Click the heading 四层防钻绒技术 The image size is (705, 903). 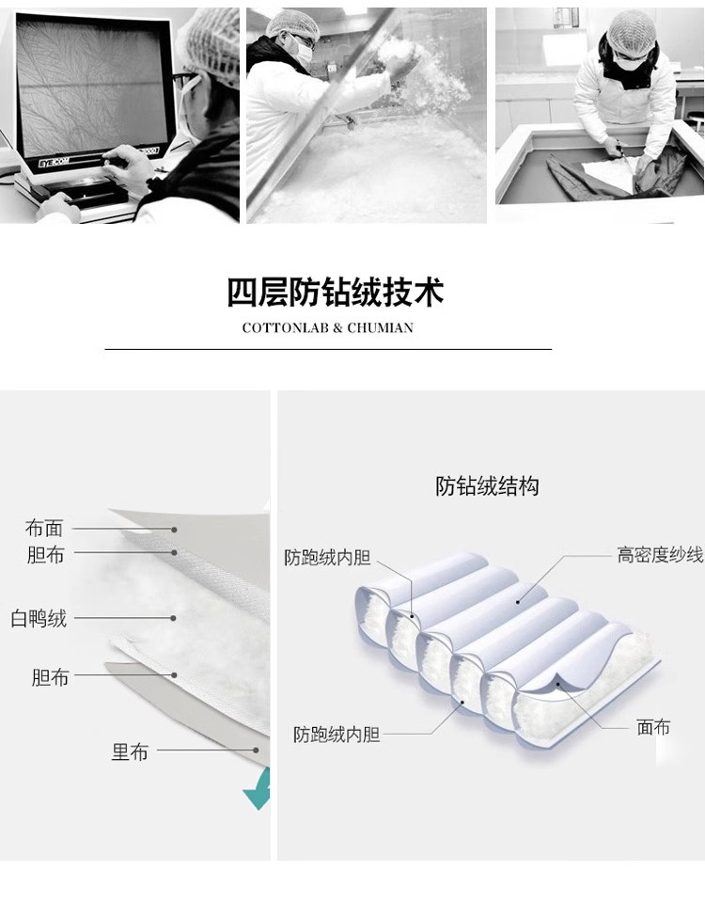[335, 293]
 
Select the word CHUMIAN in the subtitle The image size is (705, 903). [381, 328]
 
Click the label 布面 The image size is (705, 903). [44, 528]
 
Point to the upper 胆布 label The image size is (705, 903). [45, 555]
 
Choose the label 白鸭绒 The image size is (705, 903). [39, 619]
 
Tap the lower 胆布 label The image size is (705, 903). [50, 677]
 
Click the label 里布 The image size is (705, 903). [130, 752]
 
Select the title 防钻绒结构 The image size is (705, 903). [487, 486]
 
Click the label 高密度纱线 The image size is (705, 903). [660, 555]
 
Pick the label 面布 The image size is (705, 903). [653, 727]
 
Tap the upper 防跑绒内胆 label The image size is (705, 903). [327, 558]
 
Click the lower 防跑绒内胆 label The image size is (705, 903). [337, 735]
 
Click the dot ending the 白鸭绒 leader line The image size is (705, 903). [173, 618]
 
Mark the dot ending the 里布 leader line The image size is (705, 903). [256, 750]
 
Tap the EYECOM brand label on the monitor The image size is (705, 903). [54, 163]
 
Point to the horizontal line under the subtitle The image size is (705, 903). [328, 349]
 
